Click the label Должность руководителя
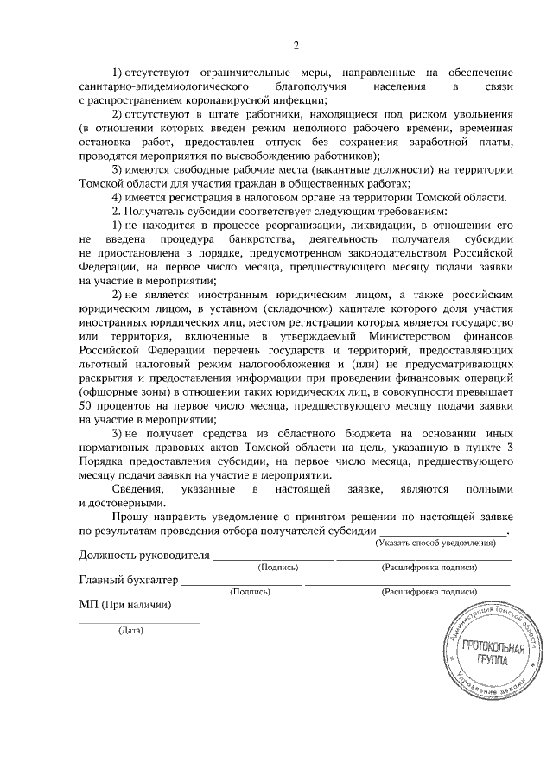click(144, 555)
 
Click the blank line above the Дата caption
click(138, 621)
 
